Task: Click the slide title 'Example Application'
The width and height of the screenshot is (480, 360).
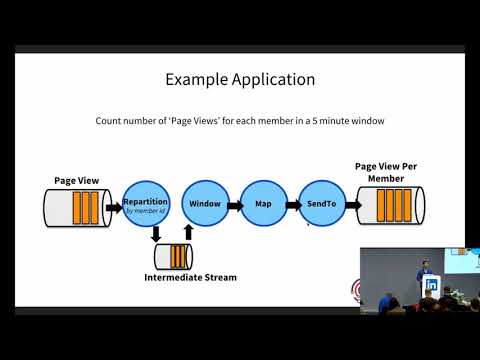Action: pyautogui.click(x=239, y=79)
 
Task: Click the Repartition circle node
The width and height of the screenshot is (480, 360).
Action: pyautogui.click(x=146, y=206)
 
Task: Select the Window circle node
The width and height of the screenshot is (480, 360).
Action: pyautogui.click(x=204, y=204)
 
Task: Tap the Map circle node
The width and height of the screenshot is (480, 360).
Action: pyautogui.click(x=263, y=204)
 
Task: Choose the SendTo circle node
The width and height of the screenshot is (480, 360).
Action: pyautogui.click(x=321, y=204)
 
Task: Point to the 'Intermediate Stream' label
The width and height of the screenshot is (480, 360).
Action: pyautogui.click(x=190, y=276)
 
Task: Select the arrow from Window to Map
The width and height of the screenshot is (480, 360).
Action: pyautogui.click(x=234, y=205)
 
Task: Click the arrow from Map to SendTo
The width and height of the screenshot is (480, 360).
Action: pyautogui.click(x=292, y=205)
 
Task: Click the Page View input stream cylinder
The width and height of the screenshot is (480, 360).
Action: pyautogui.click(x=77, y=208)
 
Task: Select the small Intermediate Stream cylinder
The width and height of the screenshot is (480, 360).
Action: pyautogui.click(x=174, y=256)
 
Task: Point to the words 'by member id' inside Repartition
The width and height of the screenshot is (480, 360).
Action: pyautogui.click(x=146, y=211)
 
